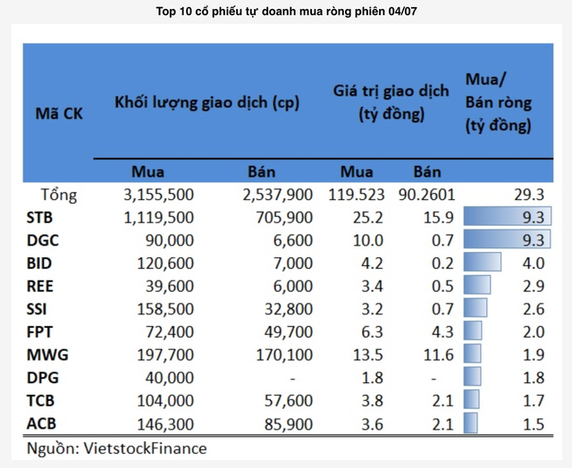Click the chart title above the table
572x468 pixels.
pyautogui.click(x=286, y=12)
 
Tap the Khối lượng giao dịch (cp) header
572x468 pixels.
pyautogui.click(x=206, y=102)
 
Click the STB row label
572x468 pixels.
pyautogui.click(x=40, y=216)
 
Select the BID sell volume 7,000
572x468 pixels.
pyautogui.click(x=293, y=263)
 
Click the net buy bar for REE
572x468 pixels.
pyautogui.click(x=478, y=286)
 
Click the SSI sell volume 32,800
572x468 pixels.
pyautogui.click(x=290, y=309)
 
